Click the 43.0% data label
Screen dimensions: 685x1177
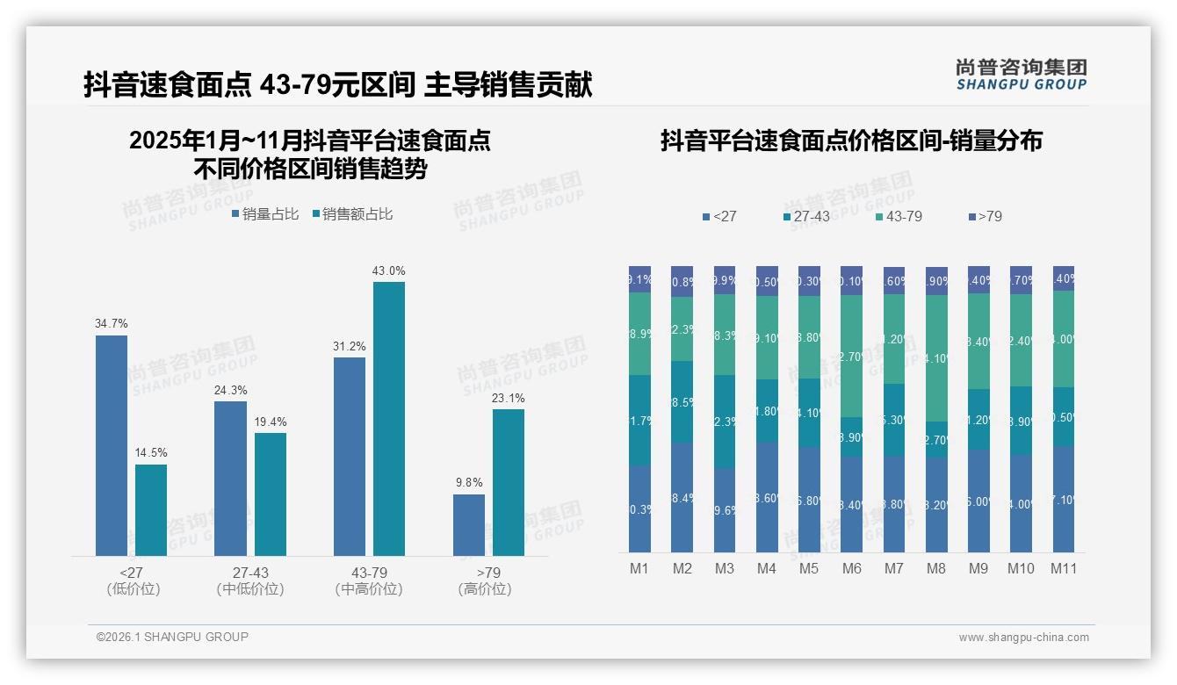pos(388,271)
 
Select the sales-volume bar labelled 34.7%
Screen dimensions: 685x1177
pos(112,445)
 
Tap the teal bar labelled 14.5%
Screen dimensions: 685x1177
pos(151,510)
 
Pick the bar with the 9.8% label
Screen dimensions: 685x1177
pos(469,525)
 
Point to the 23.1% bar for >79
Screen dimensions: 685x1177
pos(509,482)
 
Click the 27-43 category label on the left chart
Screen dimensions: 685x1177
pos(250,573)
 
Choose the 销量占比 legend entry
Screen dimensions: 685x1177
pos(265,214)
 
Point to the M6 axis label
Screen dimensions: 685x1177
pos(851,568)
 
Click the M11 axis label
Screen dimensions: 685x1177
pos(1064,568)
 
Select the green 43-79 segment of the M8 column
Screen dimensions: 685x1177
pos(936,358)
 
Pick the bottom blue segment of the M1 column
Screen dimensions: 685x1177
pos(639,508)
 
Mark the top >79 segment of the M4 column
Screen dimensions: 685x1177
pos(767,281)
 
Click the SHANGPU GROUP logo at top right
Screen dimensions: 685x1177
pos(1021,75)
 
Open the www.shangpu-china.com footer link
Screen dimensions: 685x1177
pos(1023,638)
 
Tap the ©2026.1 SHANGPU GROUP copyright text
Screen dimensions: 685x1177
pos(172,637)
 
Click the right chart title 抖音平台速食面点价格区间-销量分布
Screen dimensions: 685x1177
pos(851,141)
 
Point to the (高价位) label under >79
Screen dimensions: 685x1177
pos(484,589)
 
